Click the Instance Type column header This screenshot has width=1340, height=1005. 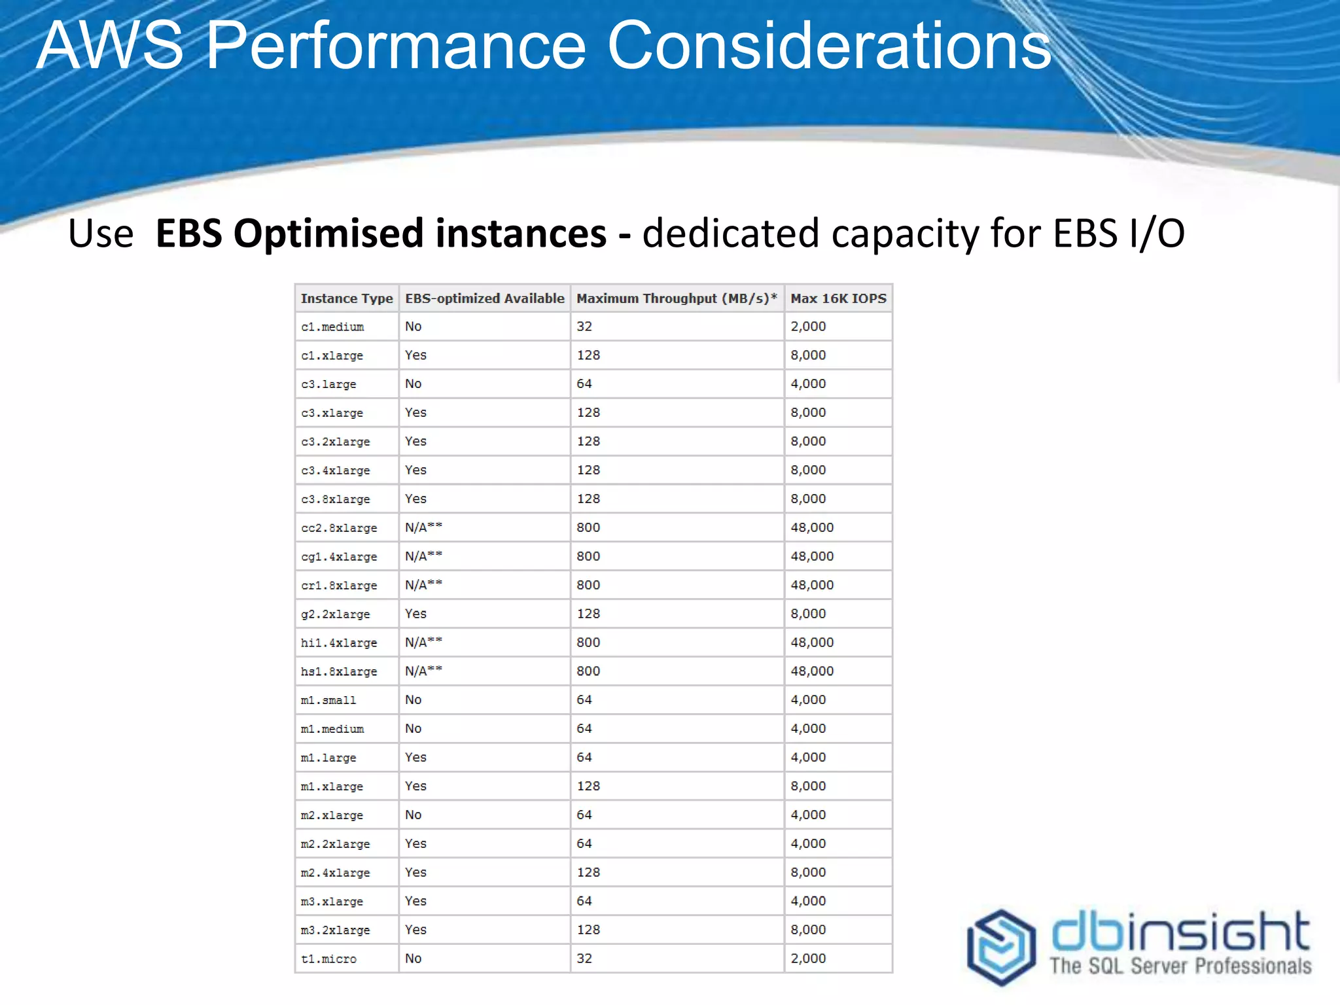click(x=346, y=298)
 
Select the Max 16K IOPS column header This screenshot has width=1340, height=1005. click(x=837, y=298)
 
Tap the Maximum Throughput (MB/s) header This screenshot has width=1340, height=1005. click(x=676, y=298)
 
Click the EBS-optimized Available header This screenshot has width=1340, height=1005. click(x=484, y=298)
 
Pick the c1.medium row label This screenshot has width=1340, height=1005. click(x=332, y=326)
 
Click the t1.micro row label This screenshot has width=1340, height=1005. click(x=328, y=959)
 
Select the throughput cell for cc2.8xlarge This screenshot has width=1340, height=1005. click(x=588, y=527)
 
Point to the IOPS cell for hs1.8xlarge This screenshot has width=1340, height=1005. click(x=812, y=671)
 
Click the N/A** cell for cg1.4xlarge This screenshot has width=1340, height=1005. click(x=423, y=556)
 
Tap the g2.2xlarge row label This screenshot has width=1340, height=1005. click(x=335, y=614)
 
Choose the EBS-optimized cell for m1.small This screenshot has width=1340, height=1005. click(x=413, y=700)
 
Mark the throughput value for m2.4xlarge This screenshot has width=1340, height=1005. click(x=588, y=872)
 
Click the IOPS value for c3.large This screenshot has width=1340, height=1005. click(x=808, y=384)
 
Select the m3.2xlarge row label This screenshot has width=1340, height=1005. click(x=335, y=930)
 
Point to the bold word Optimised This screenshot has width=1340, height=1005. click(x=328, y=234)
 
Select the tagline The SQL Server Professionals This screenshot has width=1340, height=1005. click(x=1180, y=966)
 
